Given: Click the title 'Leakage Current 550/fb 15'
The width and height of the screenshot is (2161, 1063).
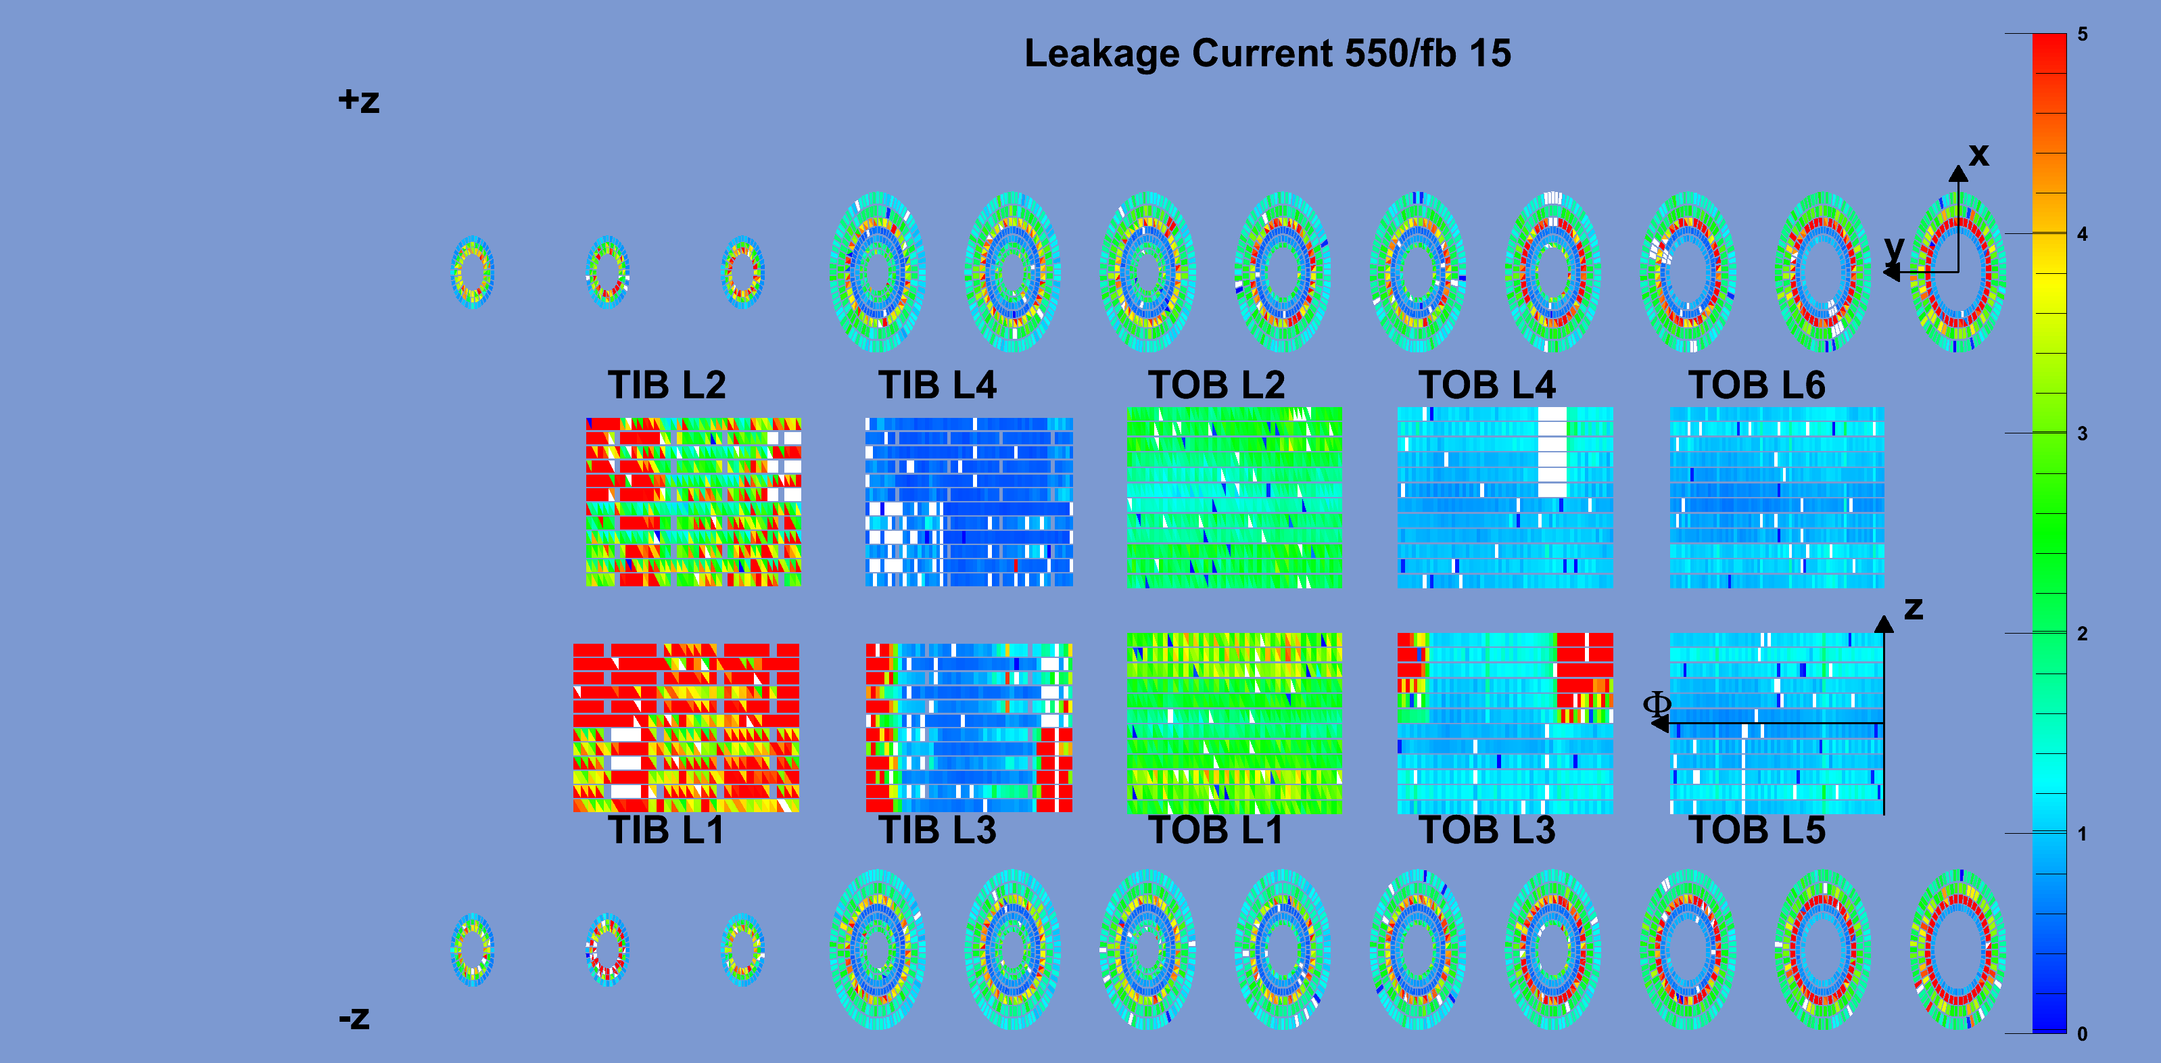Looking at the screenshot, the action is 1268,53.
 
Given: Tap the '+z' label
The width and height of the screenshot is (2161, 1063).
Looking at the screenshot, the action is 359,101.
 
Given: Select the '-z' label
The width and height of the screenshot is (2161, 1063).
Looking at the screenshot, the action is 354,1018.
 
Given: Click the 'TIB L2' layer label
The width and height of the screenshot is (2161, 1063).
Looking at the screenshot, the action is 667,385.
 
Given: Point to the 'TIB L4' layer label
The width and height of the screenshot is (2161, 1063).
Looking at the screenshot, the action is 937,385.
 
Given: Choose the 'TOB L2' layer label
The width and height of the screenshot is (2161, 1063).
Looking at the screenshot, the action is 1216,385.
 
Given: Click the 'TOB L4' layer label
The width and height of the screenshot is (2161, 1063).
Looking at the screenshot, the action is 1488,385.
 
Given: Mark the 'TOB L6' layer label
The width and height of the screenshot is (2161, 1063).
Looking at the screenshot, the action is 1757,385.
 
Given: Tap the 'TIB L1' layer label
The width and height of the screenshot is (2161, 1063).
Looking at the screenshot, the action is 666,830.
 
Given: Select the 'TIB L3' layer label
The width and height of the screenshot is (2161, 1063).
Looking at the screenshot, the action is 937,830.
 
